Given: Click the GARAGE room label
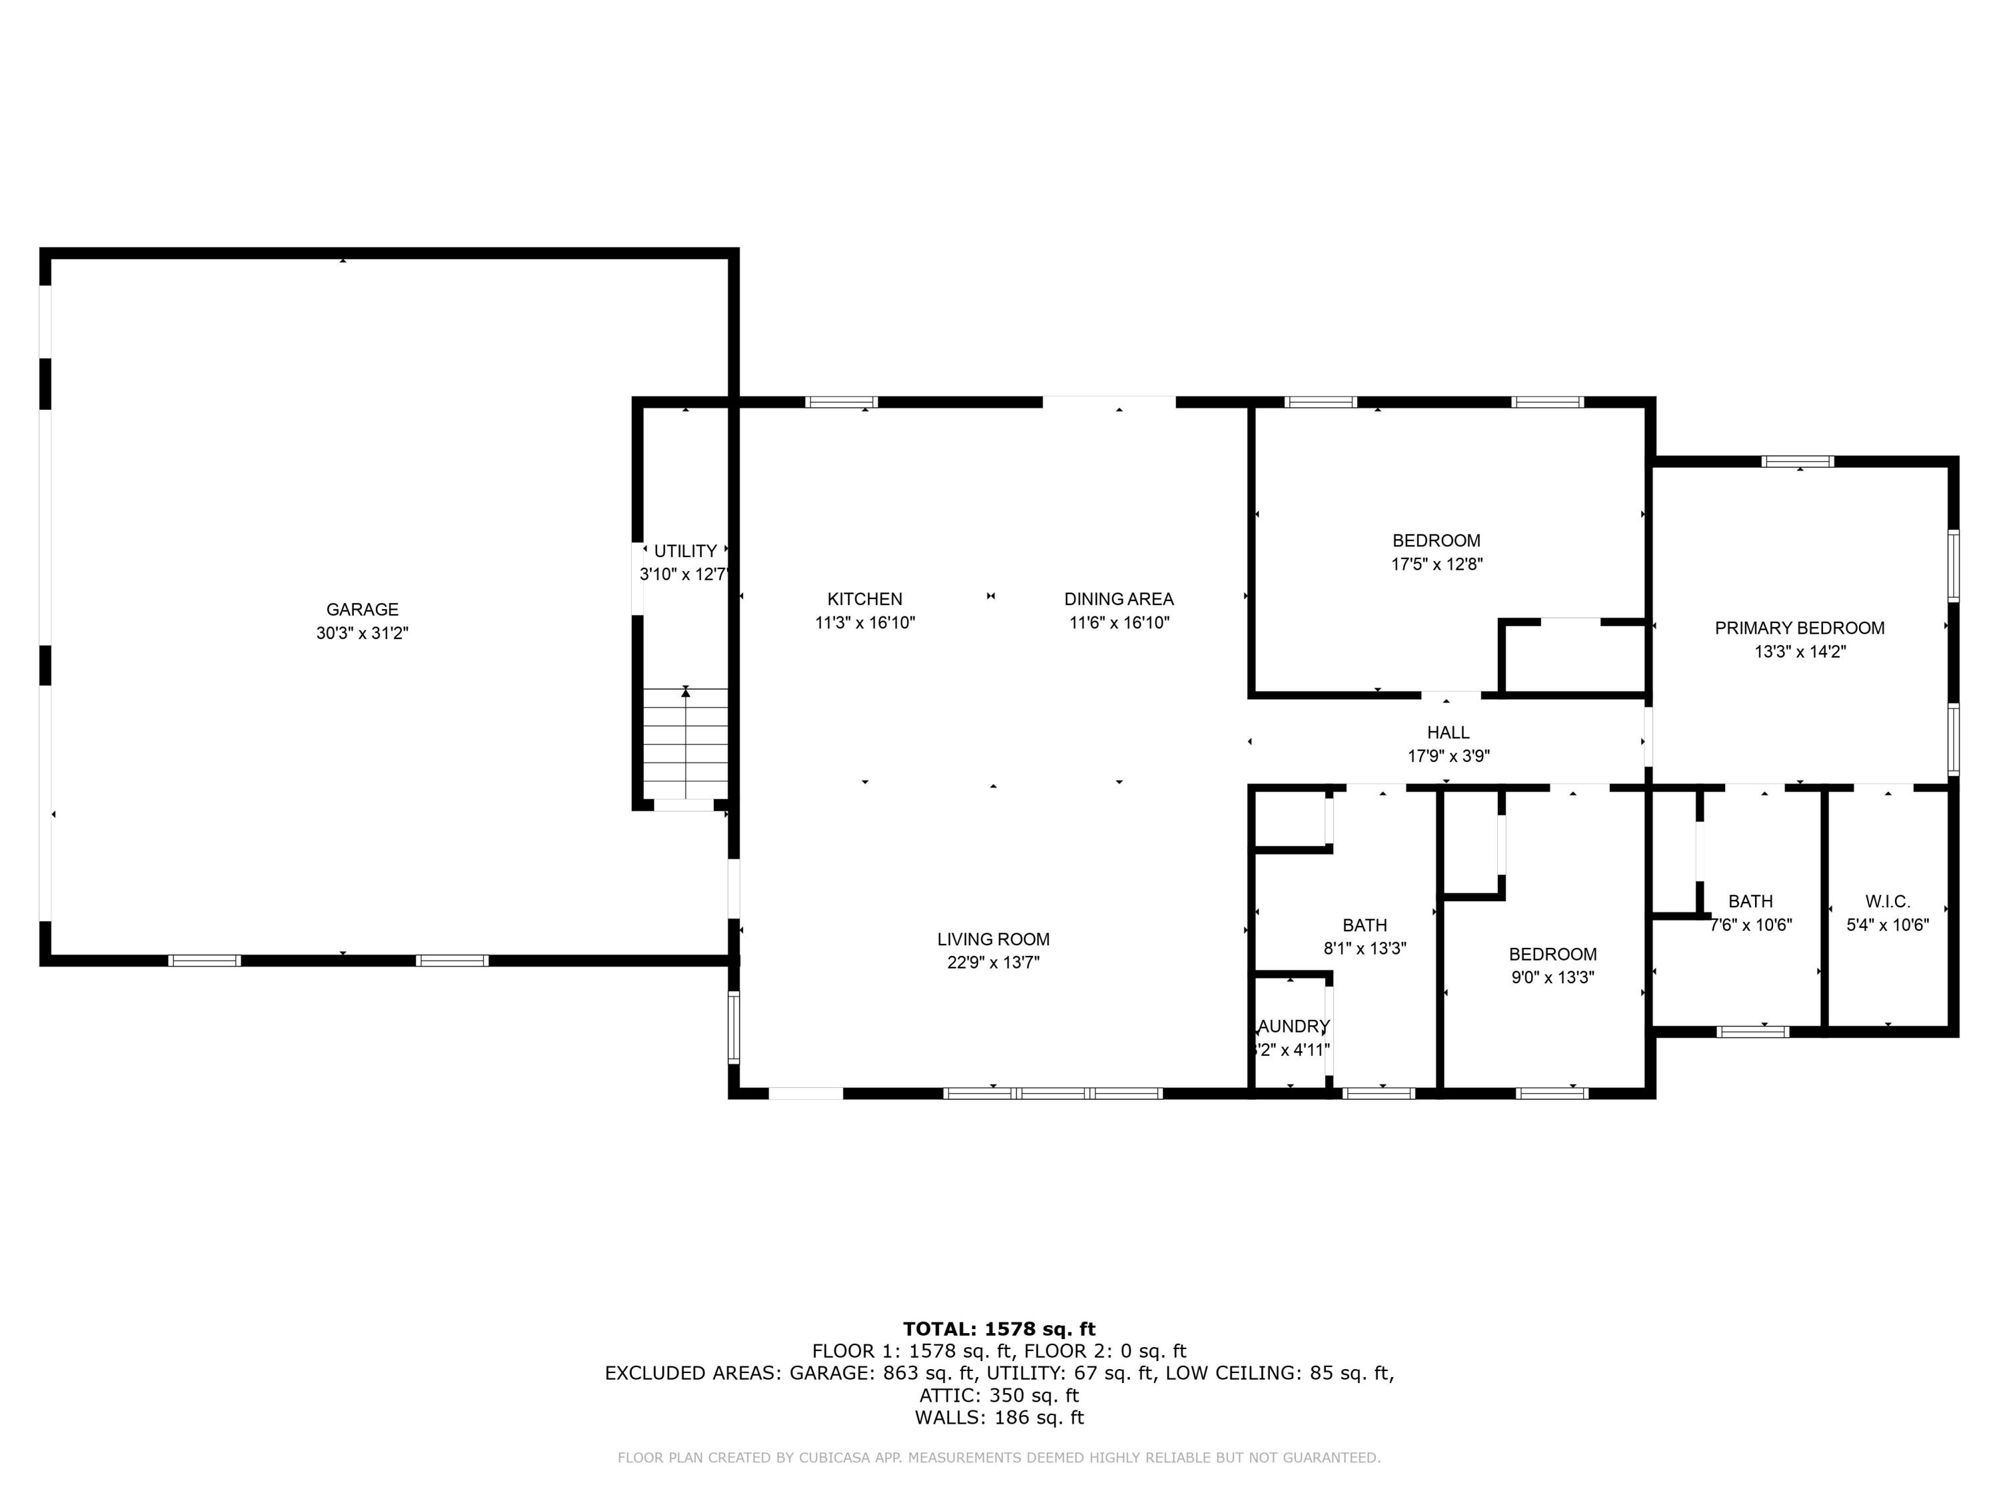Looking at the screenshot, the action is pos(362,610).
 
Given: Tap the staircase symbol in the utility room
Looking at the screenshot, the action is pos(685,743).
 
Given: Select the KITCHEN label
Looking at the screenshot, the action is pos(865,599).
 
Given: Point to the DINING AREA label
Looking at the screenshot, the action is pos(1119,599).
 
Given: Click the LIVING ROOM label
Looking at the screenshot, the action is pos(994,939).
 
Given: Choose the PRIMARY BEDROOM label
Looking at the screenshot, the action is pos(1799,628).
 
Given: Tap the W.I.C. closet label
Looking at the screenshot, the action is pos(1887,902).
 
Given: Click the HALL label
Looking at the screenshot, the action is pos(1448,733).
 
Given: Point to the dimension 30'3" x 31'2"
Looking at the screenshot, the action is pos(362,634).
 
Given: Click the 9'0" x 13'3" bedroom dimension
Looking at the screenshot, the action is pos(1553,977).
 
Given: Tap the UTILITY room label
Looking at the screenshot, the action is pos(685,551).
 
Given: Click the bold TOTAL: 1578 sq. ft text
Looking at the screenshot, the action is pos(999,1329).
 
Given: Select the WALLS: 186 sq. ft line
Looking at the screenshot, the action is pos(999,1418).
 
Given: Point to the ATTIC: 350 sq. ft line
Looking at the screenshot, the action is pos(999,1396).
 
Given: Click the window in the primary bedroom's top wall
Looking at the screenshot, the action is pos(1798,462).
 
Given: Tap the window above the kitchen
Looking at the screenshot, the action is pos(842,402).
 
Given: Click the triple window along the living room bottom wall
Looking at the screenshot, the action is pos(1053,1093).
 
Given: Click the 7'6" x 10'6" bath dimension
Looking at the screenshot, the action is pos(1750,925).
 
